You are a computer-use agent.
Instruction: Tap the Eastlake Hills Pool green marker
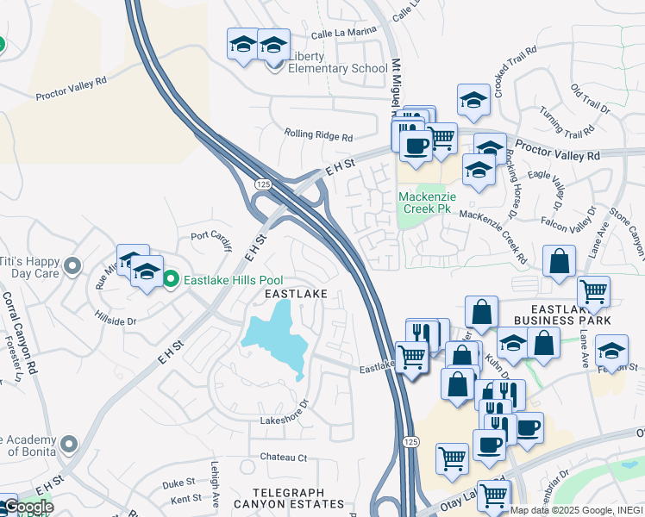click(x=171, y=278)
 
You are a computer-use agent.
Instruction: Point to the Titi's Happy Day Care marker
click(x=72, y=265)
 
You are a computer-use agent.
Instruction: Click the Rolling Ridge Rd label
click(x=319, y=136)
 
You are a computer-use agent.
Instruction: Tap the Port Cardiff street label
click(x=212, y=240)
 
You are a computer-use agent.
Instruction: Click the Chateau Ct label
click(x=284, y=457)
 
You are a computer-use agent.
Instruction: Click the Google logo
click(x=28, y=507)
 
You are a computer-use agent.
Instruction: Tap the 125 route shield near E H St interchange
click(x=263, y=185)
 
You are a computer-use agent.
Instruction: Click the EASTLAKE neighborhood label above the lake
click(x=296, y=294)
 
